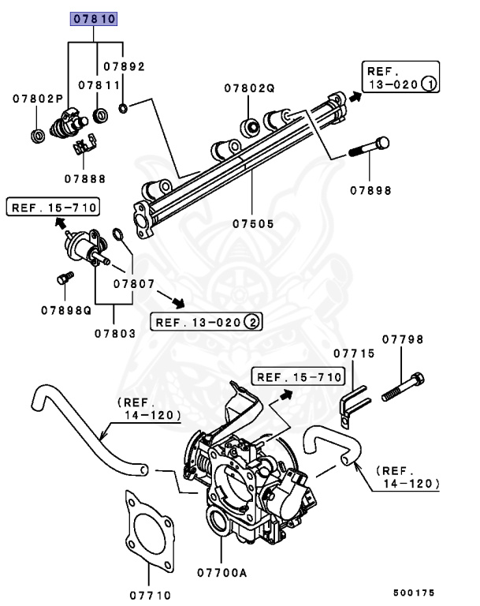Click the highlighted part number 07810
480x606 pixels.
(x=94, y=18)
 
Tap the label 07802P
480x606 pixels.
(x=37, y=99)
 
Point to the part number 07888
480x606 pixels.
(x=84, y=179)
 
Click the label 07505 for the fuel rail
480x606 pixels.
(x=253, y=224)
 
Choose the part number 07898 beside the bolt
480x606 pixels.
(x=370, y=191)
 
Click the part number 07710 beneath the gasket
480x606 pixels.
(x=150, y=595)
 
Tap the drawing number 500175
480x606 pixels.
(x=415, y=592)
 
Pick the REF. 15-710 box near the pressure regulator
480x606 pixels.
(x=53, y=208)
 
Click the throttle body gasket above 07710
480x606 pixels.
(x=150, y=530)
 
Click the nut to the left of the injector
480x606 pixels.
(x=37, y=133)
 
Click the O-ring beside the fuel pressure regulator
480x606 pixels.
(x=117, y=234)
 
